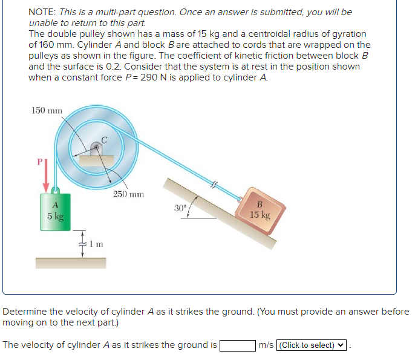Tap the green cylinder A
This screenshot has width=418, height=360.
pyautogui.click(x=55, y=212)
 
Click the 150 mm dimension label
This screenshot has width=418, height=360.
pyautogui.click(x=47, y=111)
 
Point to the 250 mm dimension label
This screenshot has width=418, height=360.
pyautogui.click(x=128, y=195)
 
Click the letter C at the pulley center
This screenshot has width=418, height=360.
pyautogui.click(x=104, y=140)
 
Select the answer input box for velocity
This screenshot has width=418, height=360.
pyautogui.click(x=237, y=345)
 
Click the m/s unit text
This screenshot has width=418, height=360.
pyautogui.click(x=266, y=345)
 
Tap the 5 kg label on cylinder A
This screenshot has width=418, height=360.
pyautogui.click(x=55, y=215)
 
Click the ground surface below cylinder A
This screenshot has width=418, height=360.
pyautogui.click(x=70, y=263)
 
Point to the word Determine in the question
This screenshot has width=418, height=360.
pyautogui.click(x=25, y=312)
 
